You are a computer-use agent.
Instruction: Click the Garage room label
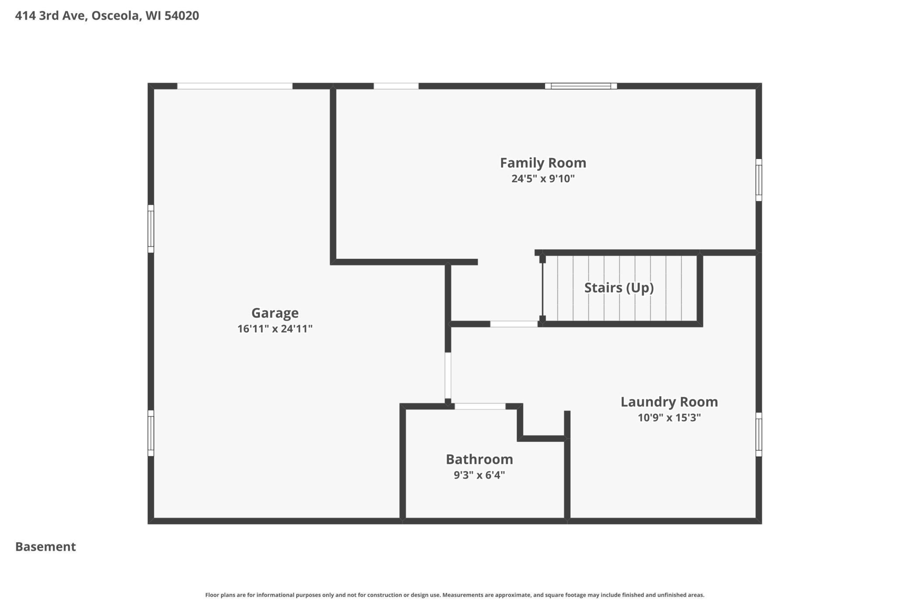(275, 313)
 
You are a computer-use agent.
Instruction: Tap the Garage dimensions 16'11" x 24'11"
(275, 328)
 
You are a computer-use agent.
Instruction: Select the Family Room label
(543, 163)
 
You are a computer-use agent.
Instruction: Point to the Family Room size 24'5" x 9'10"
(543, 179)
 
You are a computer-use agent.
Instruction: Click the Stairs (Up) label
(619, 288)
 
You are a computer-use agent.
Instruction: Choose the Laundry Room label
(669, 402)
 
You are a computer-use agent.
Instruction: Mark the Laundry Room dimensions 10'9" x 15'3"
(669, 417)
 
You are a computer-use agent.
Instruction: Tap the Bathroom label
(479, 459)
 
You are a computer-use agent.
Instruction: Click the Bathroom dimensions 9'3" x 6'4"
(479, 475)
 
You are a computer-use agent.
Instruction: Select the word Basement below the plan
(45, 547)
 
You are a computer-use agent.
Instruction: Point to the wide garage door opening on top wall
(234, 86)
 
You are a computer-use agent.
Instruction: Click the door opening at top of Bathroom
(480, 406)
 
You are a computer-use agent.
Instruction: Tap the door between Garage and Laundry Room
(448, 375)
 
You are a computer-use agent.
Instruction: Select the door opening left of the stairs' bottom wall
(514, 324)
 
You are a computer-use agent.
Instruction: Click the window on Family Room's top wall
(581, 86)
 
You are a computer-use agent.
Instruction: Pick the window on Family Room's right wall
(759, 180)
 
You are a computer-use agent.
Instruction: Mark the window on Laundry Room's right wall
(759, 434)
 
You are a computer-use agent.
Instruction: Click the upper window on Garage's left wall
(151, 229)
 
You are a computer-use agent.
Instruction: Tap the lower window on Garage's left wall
(151, 433)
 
